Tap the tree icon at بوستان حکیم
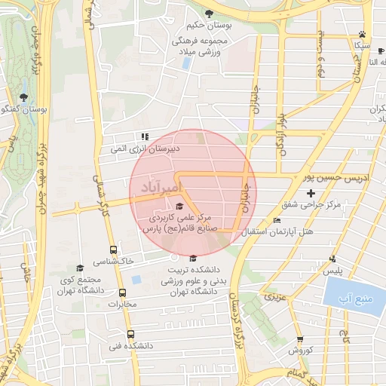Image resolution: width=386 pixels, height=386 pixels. pos(209,14)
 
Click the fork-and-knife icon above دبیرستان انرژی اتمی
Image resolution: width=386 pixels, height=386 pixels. pos(143,136)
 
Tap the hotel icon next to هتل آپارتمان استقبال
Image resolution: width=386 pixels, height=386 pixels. pos(277,220)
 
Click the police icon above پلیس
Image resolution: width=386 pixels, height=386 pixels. pos(332,259)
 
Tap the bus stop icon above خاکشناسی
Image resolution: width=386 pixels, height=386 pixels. pos(113,250)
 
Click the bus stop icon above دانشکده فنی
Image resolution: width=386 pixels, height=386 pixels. pos(130,334)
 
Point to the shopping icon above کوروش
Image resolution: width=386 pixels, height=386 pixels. pos(300,339)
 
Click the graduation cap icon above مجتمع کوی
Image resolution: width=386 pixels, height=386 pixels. pos(80,268)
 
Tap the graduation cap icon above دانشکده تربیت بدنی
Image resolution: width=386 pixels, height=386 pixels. pos(193,258)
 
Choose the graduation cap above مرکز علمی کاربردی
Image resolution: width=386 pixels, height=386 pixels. pos(179,207)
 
